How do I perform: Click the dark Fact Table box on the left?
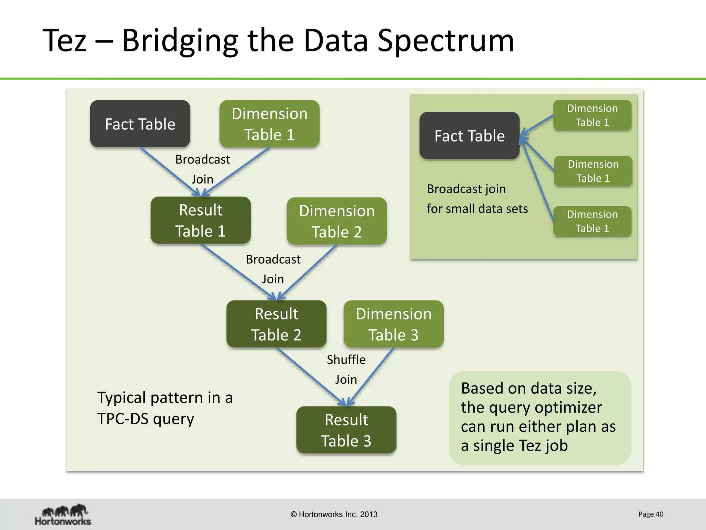click(x=140, y=124)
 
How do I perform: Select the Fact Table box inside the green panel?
click(x=469, y=136)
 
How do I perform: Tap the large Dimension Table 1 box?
click(x=269, y=124)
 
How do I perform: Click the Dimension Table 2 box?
click(x=336, y=221)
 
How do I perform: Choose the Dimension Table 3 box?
click(x=393, y=324)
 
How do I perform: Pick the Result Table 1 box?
click(x=200, y=220)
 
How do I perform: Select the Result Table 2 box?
click(x=276, y=324)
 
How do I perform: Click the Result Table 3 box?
click(x=346, y=430)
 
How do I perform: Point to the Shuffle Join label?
click(x=346, y=369)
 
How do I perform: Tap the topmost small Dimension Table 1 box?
click(x=592, y=115)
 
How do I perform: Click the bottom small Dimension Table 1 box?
click(x=592, y=221)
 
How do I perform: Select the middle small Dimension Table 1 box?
click(x=593, y=171)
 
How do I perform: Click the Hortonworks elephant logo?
click(x=63, y=514)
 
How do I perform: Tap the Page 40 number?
click(x=650, y=514)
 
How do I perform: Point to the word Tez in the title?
click(x=64, y=41)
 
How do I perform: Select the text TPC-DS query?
click(x=145, y=419)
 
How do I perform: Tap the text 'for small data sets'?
click(x=477, y=209)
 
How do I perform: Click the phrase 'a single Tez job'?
click(x=514, y=445)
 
